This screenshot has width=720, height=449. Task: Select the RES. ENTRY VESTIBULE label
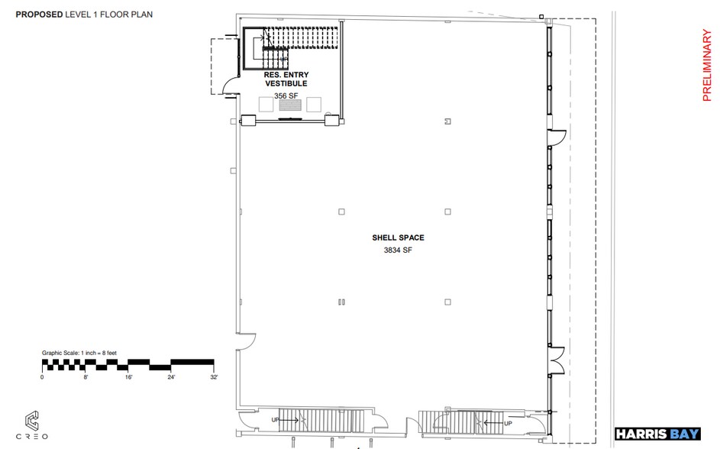[286, 79]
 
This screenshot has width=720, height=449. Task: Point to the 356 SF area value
[286, 95]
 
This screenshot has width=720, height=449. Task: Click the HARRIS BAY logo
[657, 434]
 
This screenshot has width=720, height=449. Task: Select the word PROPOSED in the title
[40, 14]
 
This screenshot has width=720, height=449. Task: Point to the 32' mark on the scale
[214, 377]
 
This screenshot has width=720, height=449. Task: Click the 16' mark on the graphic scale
[128, 377]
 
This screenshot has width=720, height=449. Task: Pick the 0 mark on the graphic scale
[42, 377]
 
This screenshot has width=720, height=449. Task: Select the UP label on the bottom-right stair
[509, 422]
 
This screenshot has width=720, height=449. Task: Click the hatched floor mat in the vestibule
[291, 108]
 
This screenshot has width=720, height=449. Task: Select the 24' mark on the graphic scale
[171, 377]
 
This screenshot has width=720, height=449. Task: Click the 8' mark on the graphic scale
[85, 377]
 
